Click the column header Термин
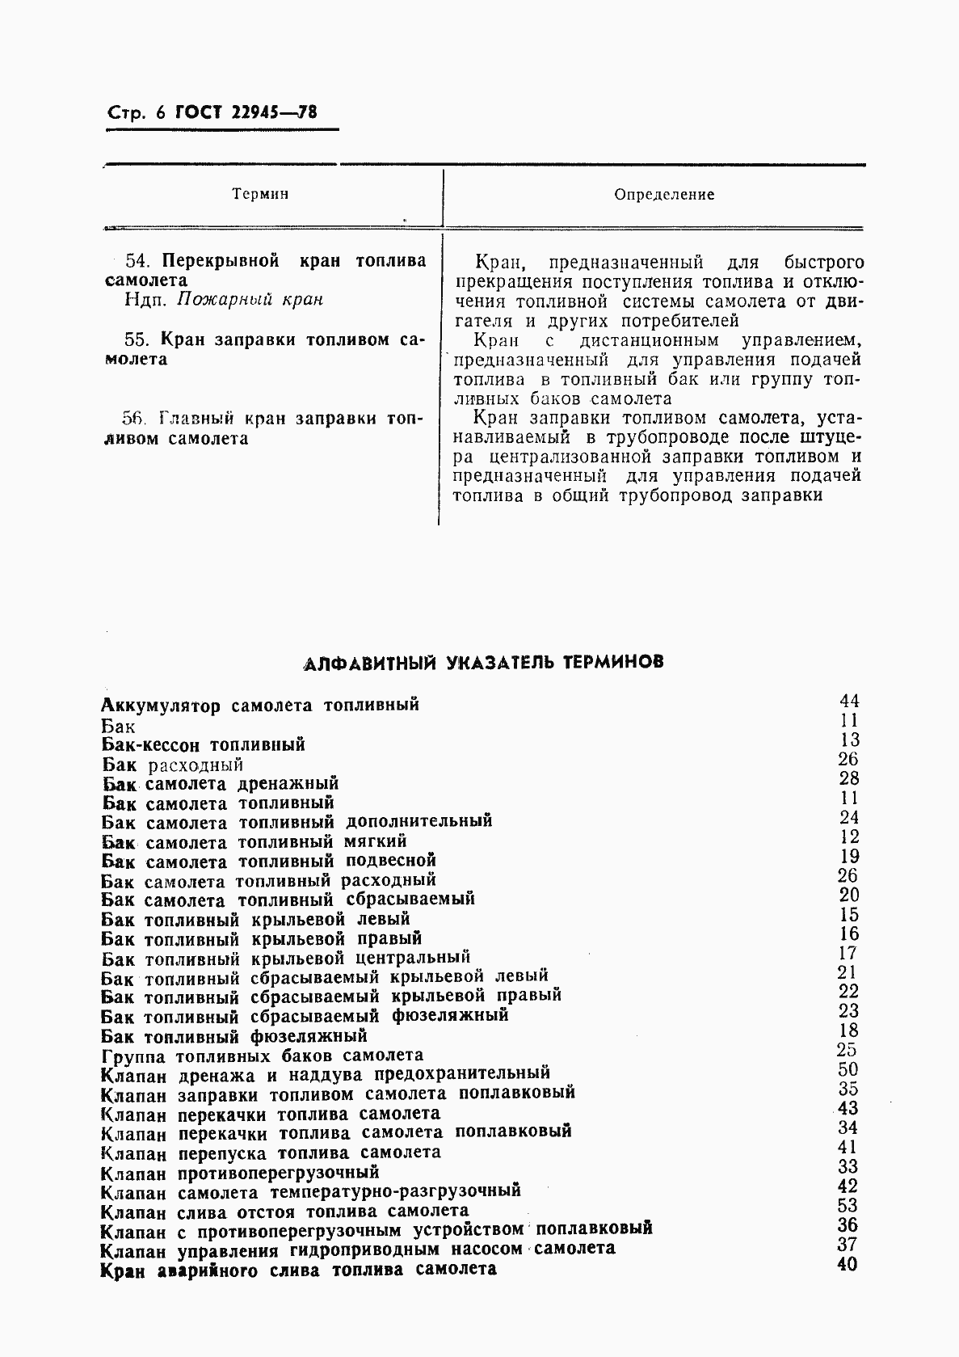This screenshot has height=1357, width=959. click(x=260, y=194)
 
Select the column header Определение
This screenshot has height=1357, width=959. click(x=664, y=195)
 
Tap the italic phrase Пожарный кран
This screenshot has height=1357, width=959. click(x=250, y=300)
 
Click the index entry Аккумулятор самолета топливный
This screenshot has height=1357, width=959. click(x=261, y=705)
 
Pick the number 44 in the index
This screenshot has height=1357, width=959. click(x=848, y=701)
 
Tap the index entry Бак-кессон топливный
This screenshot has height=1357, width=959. click(x=204, y=744)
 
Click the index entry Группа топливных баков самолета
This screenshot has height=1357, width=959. click(x=263, y=1056)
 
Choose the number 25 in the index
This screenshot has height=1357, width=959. click(x=847, y=1050)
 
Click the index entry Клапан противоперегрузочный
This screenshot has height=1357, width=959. click(x=240, y=1173)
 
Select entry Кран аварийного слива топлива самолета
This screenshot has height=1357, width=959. click(x=299, y=1270)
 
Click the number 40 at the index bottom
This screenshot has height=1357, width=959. click(x=847, y=1264)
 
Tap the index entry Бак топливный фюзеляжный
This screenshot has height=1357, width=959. click(x=234, y=1036)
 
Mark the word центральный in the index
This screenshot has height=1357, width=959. click(x=413, y=959)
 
